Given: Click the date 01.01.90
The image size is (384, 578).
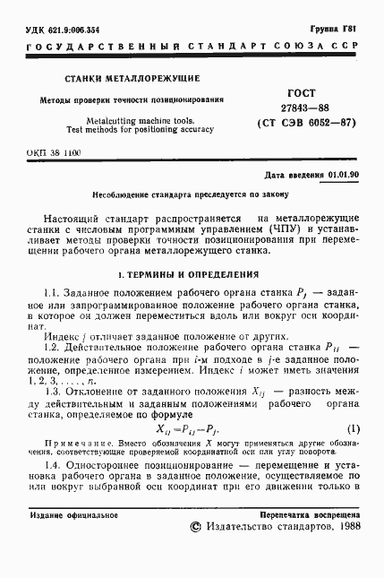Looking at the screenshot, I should click(x=341, y=176).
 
